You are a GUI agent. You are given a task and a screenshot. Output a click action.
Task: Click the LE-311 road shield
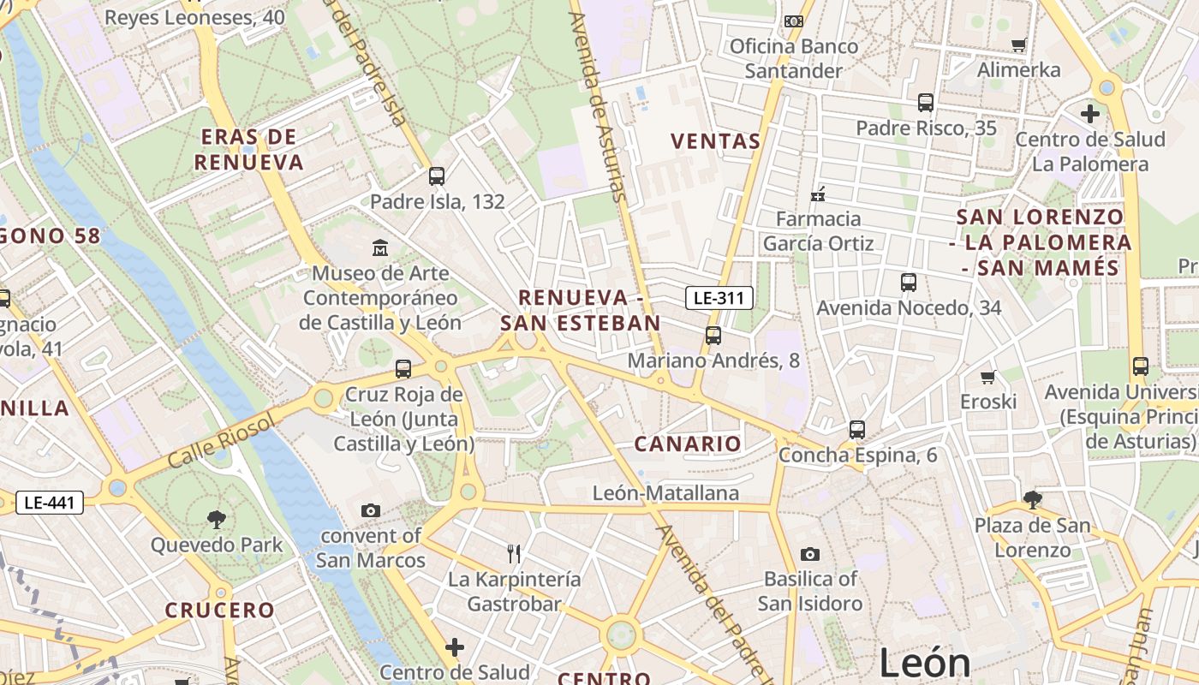(719, 298)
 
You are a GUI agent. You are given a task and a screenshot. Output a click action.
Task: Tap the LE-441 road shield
(50, 503)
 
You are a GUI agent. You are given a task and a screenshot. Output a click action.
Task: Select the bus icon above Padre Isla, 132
(437, 176)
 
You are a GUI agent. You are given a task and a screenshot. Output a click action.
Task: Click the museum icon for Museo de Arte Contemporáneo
(380, 248)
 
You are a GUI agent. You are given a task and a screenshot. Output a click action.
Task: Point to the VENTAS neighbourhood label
(716, 141)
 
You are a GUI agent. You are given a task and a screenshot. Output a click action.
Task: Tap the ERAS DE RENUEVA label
(249, 150)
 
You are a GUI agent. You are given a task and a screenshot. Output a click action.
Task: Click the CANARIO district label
(688, 444)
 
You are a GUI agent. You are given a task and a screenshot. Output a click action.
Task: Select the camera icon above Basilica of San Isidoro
(809, 554)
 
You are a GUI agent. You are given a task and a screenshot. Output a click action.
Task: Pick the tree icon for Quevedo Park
(216, 519)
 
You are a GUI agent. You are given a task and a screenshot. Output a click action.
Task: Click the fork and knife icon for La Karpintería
(514, 554)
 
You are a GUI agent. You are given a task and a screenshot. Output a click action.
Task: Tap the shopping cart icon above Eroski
(988, 377)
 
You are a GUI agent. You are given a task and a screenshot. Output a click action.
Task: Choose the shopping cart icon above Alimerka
(1018, 45)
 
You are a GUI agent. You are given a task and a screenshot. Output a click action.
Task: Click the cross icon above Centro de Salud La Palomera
(1089, 113)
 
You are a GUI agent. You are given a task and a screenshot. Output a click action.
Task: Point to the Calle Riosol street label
(221, 440)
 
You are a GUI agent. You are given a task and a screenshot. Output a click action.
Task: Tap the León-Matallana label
(665, 493)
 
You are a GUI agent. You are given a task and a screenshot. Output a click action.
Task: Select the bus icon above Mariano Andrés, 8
(713, 336)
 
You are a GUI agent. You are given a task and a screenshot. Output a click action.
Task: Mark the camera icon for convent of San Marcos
(370, 511)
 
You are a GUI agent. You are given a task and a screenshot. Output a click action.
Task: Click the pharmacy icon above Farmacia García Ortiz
(818, 194)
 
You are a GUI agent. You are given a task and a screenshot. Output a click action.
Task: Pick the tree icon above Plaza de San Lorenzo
(1033, 500)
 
